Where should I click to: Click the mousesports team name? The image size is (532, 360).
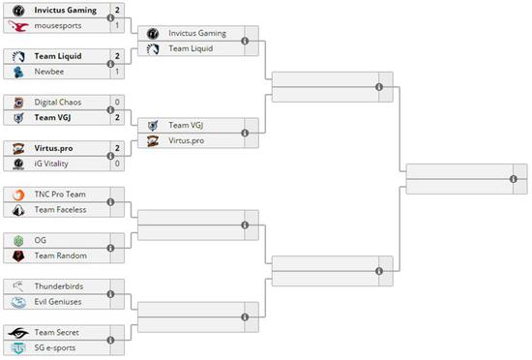pos(57,25)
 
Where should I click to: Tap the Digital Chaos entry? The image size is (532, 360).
pos(57,102)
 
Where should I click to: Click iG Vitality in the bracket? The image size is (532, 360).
pos(53,164)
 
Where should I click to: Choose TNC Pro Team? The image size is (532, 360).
pos(60,195)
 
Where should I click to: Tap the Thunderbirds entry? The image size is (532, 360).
pos(57,286)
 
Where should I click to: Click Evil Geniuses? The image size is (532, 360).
pos(59,301)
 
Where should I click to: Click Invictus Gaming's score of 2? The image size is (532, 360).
pos(117,10)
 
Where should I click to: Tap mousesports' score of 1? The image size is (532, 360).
pos(117,25)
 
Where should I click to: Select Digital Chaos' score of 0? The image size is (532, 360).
pos(117,102)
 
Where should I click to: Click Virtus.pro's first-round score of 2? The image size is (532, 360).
pos(117,148)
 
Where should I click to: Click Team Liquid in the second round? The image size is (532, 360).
pos(191,48)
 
